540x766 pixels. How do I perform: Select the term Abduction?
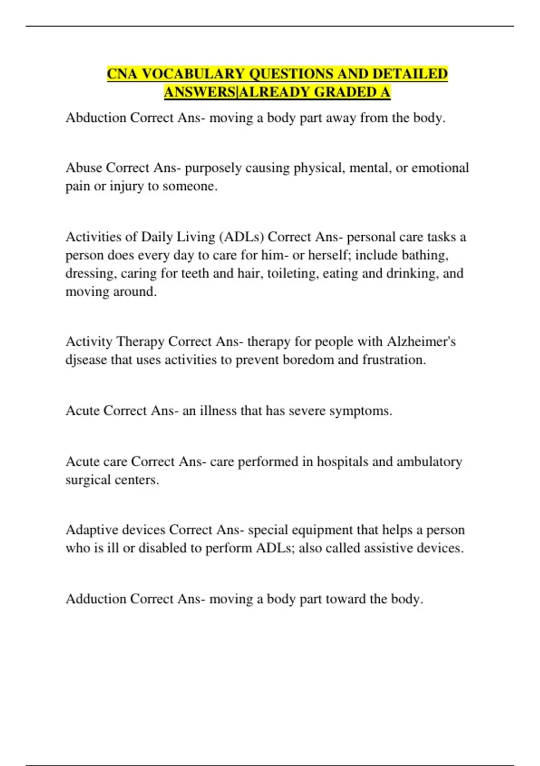pos(96,118)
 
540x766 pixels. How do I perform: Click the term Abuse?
pos(84,168)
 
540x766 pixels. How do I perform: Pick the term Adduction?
pos(96,599)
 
